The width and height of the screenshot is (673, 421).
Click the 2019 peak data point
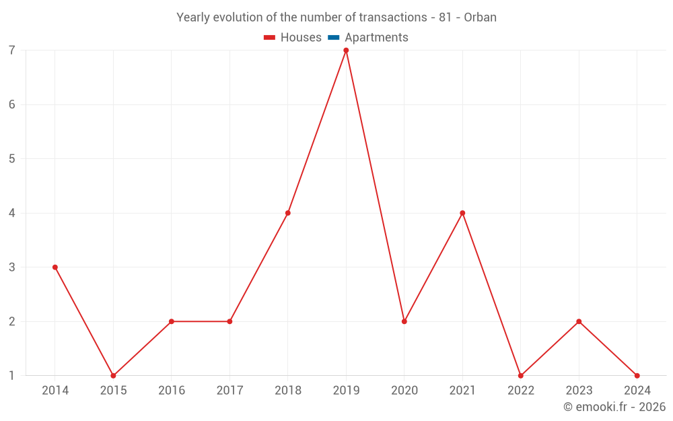(x=346, y=51)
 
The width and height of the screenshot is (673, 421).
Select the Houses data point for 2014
(x=55, y=267)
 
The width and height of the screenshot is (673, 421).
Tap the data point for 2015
(x=113, y=376)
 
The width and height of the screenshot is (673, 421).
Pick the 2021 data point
(x=462, y=213)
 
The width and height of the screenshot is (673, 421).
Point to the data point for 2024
(x=637, y=376)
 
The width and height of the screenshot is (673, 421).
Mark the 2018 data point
(x=288, y=213)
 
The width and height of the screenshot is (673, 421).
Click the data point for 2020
(x=404, y=321)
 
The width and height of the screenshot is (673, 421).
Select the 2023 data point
(x=579, y=321)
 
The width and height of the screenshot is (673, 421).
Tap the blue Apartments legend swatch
(x=334, y=38)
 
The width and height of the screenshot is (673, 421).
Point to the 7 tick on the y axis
(x=12, y=51)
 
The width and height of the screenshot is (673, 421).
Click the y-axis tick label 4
(x=12, y=213)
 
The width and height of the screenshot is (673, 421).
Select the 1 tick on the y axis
(x=12, y=376)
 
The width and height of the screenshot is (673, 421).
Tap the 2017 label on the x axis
(x=229, y=391)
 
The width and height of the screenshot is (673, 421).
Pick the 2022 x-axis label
(x=521, y=391)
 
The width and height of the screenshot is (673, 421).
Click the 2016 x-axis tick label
(x=172, y=391)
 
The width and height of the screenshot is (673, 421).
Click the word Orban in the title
(x=481, y=18)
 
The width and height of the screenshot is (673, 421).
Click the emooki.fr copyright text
(x=614, y=407)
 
